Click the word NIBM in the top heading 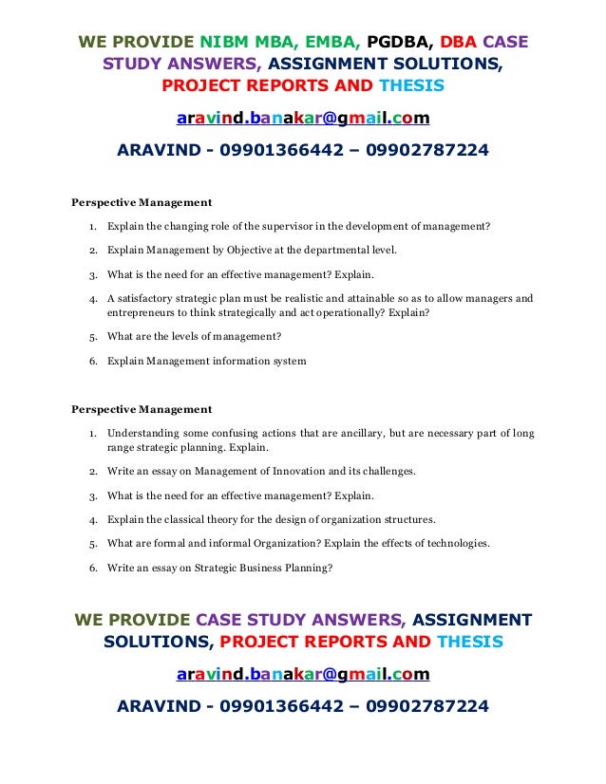(228, 44)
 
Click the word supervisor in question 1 (286, 227)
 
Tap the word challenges (388, 471)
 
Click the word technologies (452, 544)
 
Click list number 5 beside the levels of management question (92, 336)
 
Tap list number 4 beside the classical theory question (92, 520)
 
